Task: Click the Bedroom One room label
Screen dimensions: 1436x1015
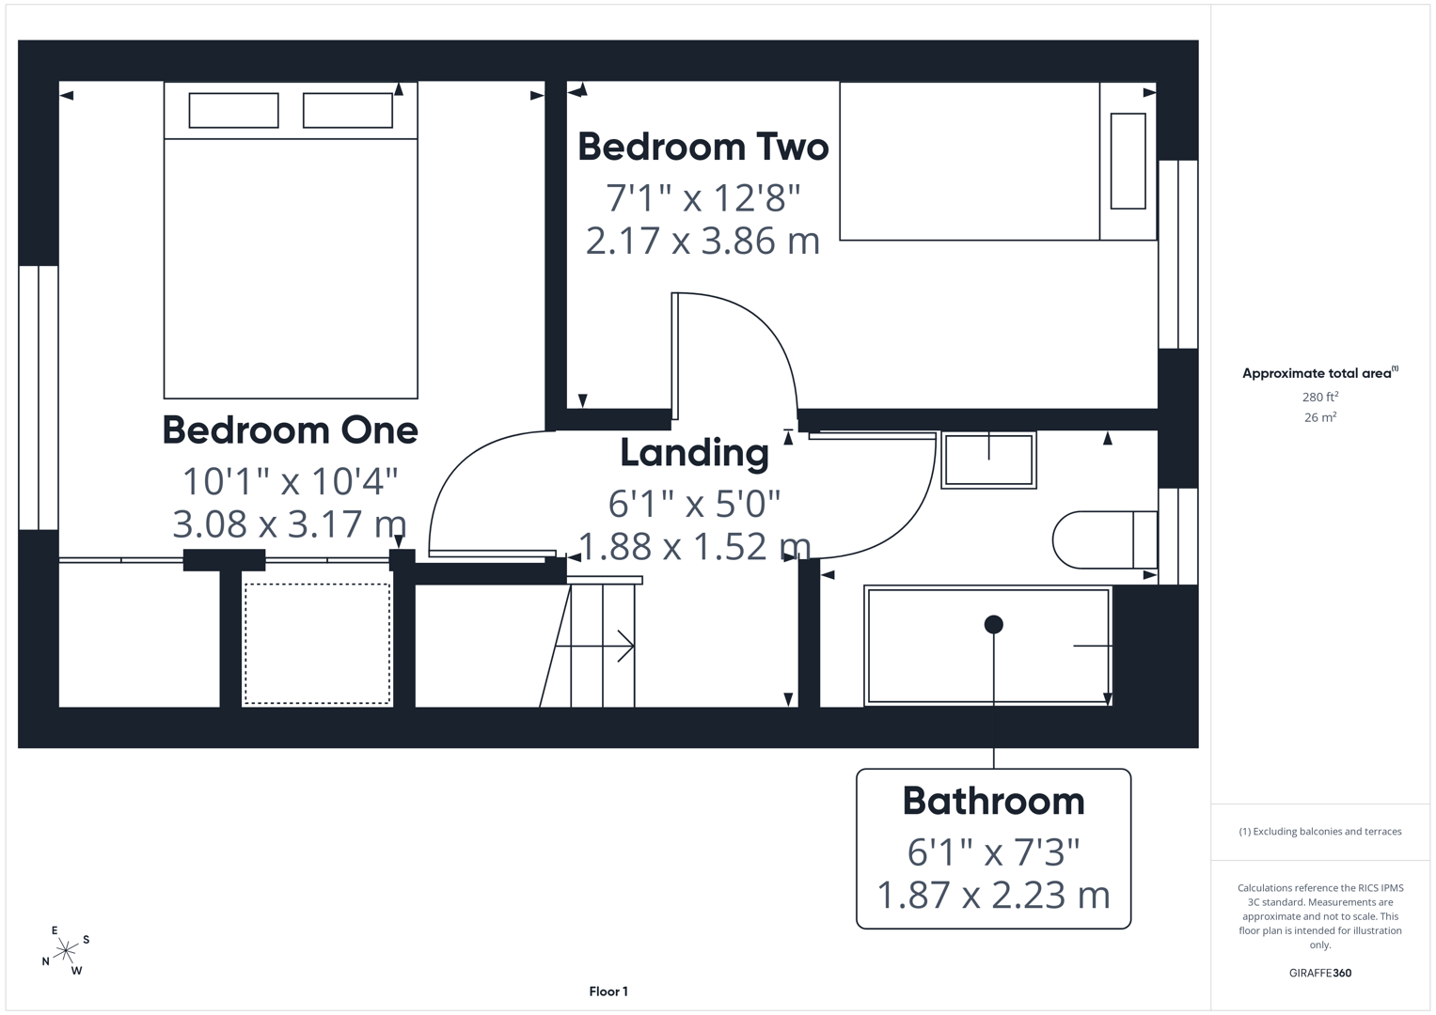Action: click(x=291, y=430)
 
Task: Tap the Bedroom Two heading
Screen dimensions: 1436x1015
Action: click(x=703, y=147)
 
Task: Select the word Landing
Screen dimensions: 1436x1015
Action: click(x=694, y=454)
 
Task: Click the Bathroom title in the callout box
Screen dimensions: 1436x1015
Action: click(x=994, y=801)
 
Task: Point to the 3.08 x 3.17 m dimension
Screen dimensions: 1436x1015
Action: click(x=289, y=523)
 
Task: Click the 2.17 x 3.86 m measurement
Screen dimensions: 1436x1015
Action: click(x=703, y=241)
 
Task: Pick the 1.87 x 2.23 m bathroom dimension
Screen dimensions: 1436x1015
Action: click(x=994, y=895)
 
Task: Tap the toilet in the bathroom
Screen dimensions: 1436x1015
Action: click(x=1105, y=540)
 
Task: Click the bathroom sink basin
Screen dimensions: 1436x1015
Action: click(x=988, y=461)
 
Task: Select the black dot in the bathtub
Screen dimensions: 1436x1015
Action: click(x=994, y=624)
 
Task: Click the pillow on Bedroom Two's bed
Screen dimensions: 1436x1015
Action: click(x=1128, y=161)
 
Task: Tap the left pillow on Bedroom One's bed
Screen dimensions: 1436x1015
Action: click(x=233, y=110)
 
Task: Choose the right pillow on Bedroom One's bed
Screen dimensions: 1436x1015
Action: click(x=348, y=110)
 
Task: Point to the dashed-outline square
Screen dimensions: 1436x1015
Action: click(x=317, y=644)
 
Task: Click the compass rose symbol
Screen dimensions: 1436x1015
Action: click(x=66, y=951)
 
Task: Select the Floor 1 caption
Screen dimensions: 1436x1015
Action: click(x=608, y=992)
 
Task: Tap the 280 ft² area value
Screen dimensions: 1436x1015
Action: click(x=1320, y=397)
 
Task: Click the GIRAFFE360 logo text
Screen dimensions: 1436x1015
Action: click(x=1320, y=973)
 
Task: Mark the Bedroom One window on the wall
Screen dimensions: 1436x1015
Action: click(x=39, y=398)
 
